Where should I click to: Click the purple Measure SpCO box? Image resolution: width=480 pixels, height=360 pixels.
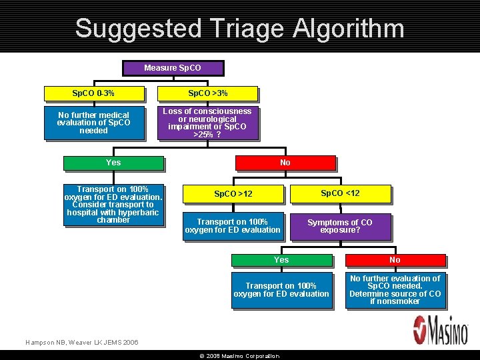173,68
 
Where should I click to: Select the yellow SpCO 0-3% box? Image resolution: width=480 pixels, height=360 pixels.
93,93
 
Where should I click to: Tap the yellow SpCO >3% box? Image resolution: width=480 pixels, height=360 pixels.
207,93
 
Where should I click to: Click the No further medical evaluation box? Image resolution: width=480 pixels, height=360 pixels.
93,123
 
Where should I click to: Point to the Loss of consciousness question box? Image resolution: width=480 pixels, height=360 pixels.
207,123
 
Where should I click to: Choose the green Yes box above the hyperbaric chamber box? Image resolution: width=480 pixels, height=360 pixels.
113,163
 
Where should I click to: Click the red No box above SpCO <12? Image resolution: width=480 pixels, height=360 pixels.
285,163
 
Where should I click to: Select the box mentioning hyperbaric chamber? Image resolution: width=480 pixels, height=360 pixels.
113,205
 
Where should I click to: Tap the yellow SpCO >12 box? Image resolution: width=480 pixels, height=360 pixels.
233,194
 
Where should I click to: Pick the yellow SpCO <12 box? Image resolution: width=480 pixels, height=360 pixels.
340,193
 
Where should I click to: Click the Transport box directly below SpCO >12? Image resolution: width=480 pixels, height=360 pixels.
233,226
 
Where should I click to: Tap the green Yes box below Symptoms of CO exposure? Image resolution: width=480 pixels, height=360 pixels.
281,260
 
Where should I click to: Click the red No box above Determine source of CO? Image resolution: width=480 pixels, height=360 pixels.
395,260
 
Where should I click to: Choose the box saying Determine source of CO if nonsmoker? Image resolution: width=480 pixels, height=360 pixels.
395,290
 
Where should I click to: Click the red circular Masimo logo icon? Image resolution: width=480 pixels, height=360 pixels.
422,330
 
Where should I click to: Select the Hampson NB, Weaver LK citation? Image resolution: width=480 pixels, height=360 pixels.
82,342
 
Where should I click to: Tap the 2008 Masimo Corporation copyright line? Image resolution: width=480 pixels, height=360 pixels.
239,356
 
